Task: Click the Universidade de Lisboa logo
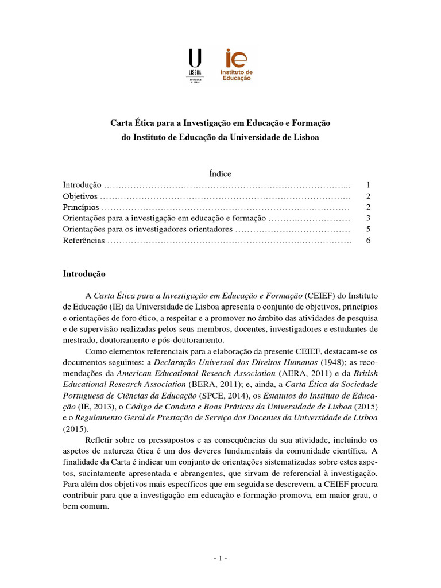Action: point(195,65)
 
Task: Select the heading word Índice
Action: point(220,173)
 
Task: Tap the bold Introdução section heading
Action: point(84,274)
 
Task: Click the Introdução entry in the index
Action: point(82,185)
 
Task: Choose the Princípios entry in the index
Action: point(80,207)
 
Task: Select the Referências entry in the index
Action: point(84,241)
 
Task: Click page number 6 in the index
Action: point(368,241)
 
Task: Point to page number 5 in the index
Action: point(368,229)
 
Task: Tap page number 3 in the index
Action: point(368,218)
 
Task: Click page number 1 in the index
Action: point(368,185)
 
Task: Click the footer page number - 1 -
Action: point(220,558)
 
